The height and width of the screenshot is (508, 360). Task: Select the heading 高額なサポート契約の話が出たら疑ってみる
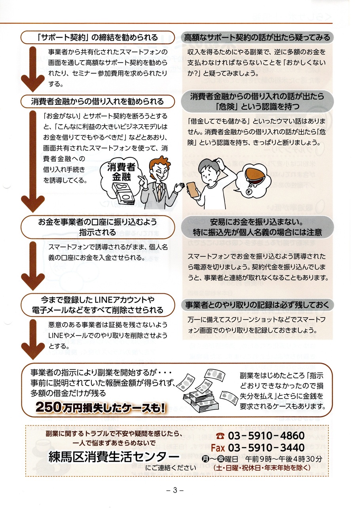[257, 38]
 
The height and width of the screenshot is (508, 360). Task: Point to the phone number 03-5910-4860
[267, 436]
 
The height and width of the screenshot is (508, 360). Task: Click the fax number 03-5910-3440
[267, 448]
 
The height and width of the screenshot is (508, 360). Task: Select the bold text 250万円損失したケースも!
[100, 407]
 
